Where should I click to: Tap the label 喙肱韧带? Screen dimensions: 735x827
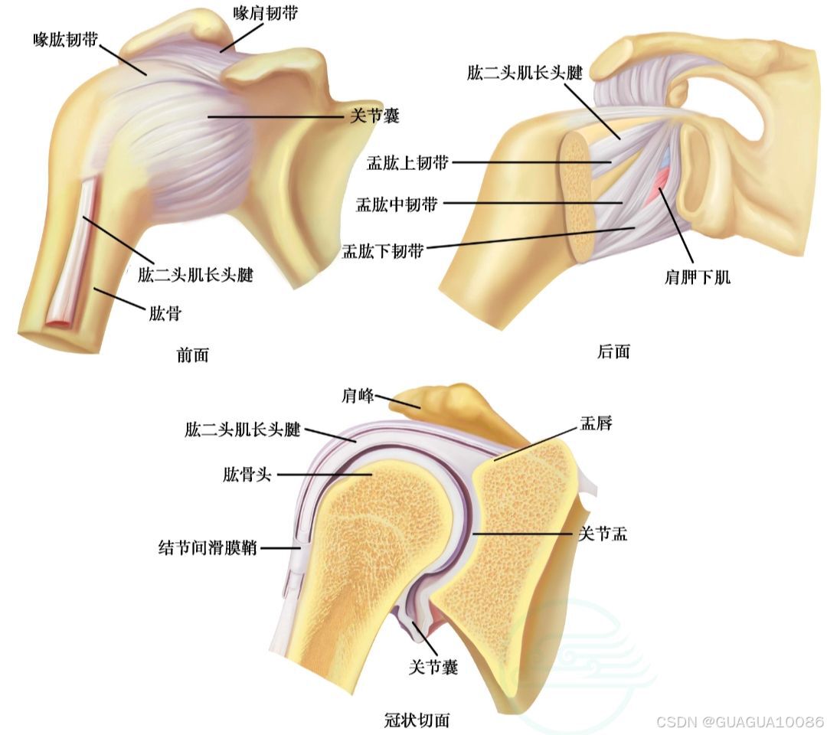tap(65, 40)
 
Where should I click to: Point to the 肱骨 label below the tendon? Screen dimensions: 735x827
tap(165, 312)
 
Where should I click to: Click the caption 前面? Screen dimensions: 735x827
tap(191, 354)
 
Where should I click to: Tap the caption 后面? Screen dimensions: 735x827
tap(613, 351)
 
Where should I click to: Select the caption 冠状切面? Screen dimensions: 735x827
tap(417, 720)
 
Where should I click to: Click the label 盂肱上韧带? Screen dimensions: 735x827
tap(409, 162)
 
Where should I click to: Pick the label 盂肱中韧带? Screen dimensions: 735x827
tap(397, 204)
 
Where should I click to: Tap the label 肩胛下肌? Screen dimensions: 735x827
tap(697, 276)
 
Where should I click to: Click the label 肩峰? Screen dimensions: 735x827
tap(357, 396)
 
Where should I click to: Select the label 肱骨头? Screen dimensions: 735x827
tap(247, 475)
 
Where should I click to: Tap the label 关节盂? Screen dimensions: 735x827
tap(602, 534)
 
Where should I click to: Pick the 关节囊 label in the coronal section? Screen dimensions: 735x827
tap(433, 667)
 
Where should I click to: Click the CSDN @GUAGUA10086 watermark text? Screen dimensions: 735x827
tap(740, 722)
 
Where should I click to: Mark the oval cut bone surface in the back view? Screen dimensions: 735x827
tap(578, 196)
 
